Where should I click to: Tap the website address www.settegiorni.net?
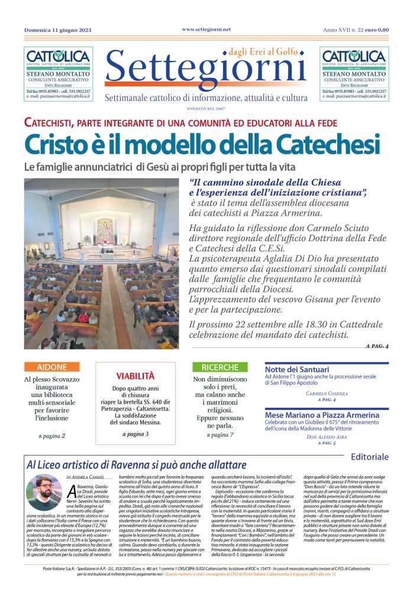tap(206, 29)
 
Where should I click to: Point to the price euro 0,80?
tap(377, 30)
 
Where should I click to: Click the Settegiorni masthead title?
tap(206, 70)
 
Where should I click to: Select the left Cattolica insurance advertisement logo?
tap(57, 57)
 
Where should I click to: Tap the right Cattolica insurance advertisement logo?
tap(354, 57)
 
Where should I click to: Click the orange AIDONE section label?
tap(51, 367)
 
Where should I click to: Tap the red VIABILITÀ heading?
tap(135, 376)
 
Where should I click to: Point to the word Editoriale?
tap(369, 457)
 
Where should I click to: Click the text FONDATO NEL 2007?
tap(206, 108)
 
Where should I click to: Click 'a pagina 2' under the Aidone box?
tap(51, 436)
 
